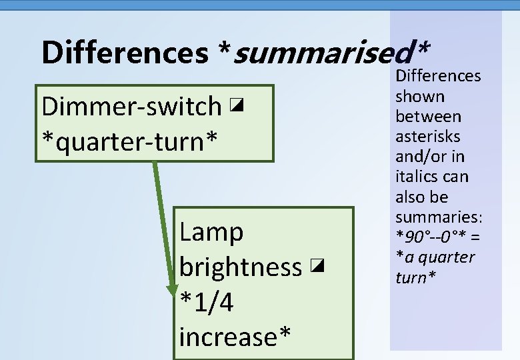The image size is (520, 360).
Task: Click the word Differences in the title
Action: coord(125,52)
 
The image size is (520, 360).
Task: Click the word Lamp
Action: coord(211,232)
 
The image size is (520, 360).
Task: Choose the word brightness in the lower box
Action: coord(240,267)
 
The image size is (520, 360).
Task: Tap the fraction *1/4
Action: coord(207,302)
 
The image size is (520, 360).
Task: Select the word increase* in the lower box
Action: coord(235,337)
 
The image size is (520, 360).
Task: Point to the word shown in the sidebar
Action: coord(420,96)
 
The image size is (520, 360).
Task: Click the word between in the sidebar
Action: coord(428,116)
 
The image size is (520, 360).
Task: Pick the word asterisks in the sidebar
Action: coord(428,136)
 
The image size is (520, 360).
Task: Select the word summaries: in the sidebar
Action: coord(439,217)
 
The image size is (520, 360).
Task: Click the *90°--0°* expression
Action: coord(427,237)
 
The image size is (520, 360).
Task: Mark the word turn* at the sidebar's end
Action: coord(415,277)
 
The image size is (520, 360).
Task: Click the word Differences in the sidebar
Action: coord(438,76)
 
